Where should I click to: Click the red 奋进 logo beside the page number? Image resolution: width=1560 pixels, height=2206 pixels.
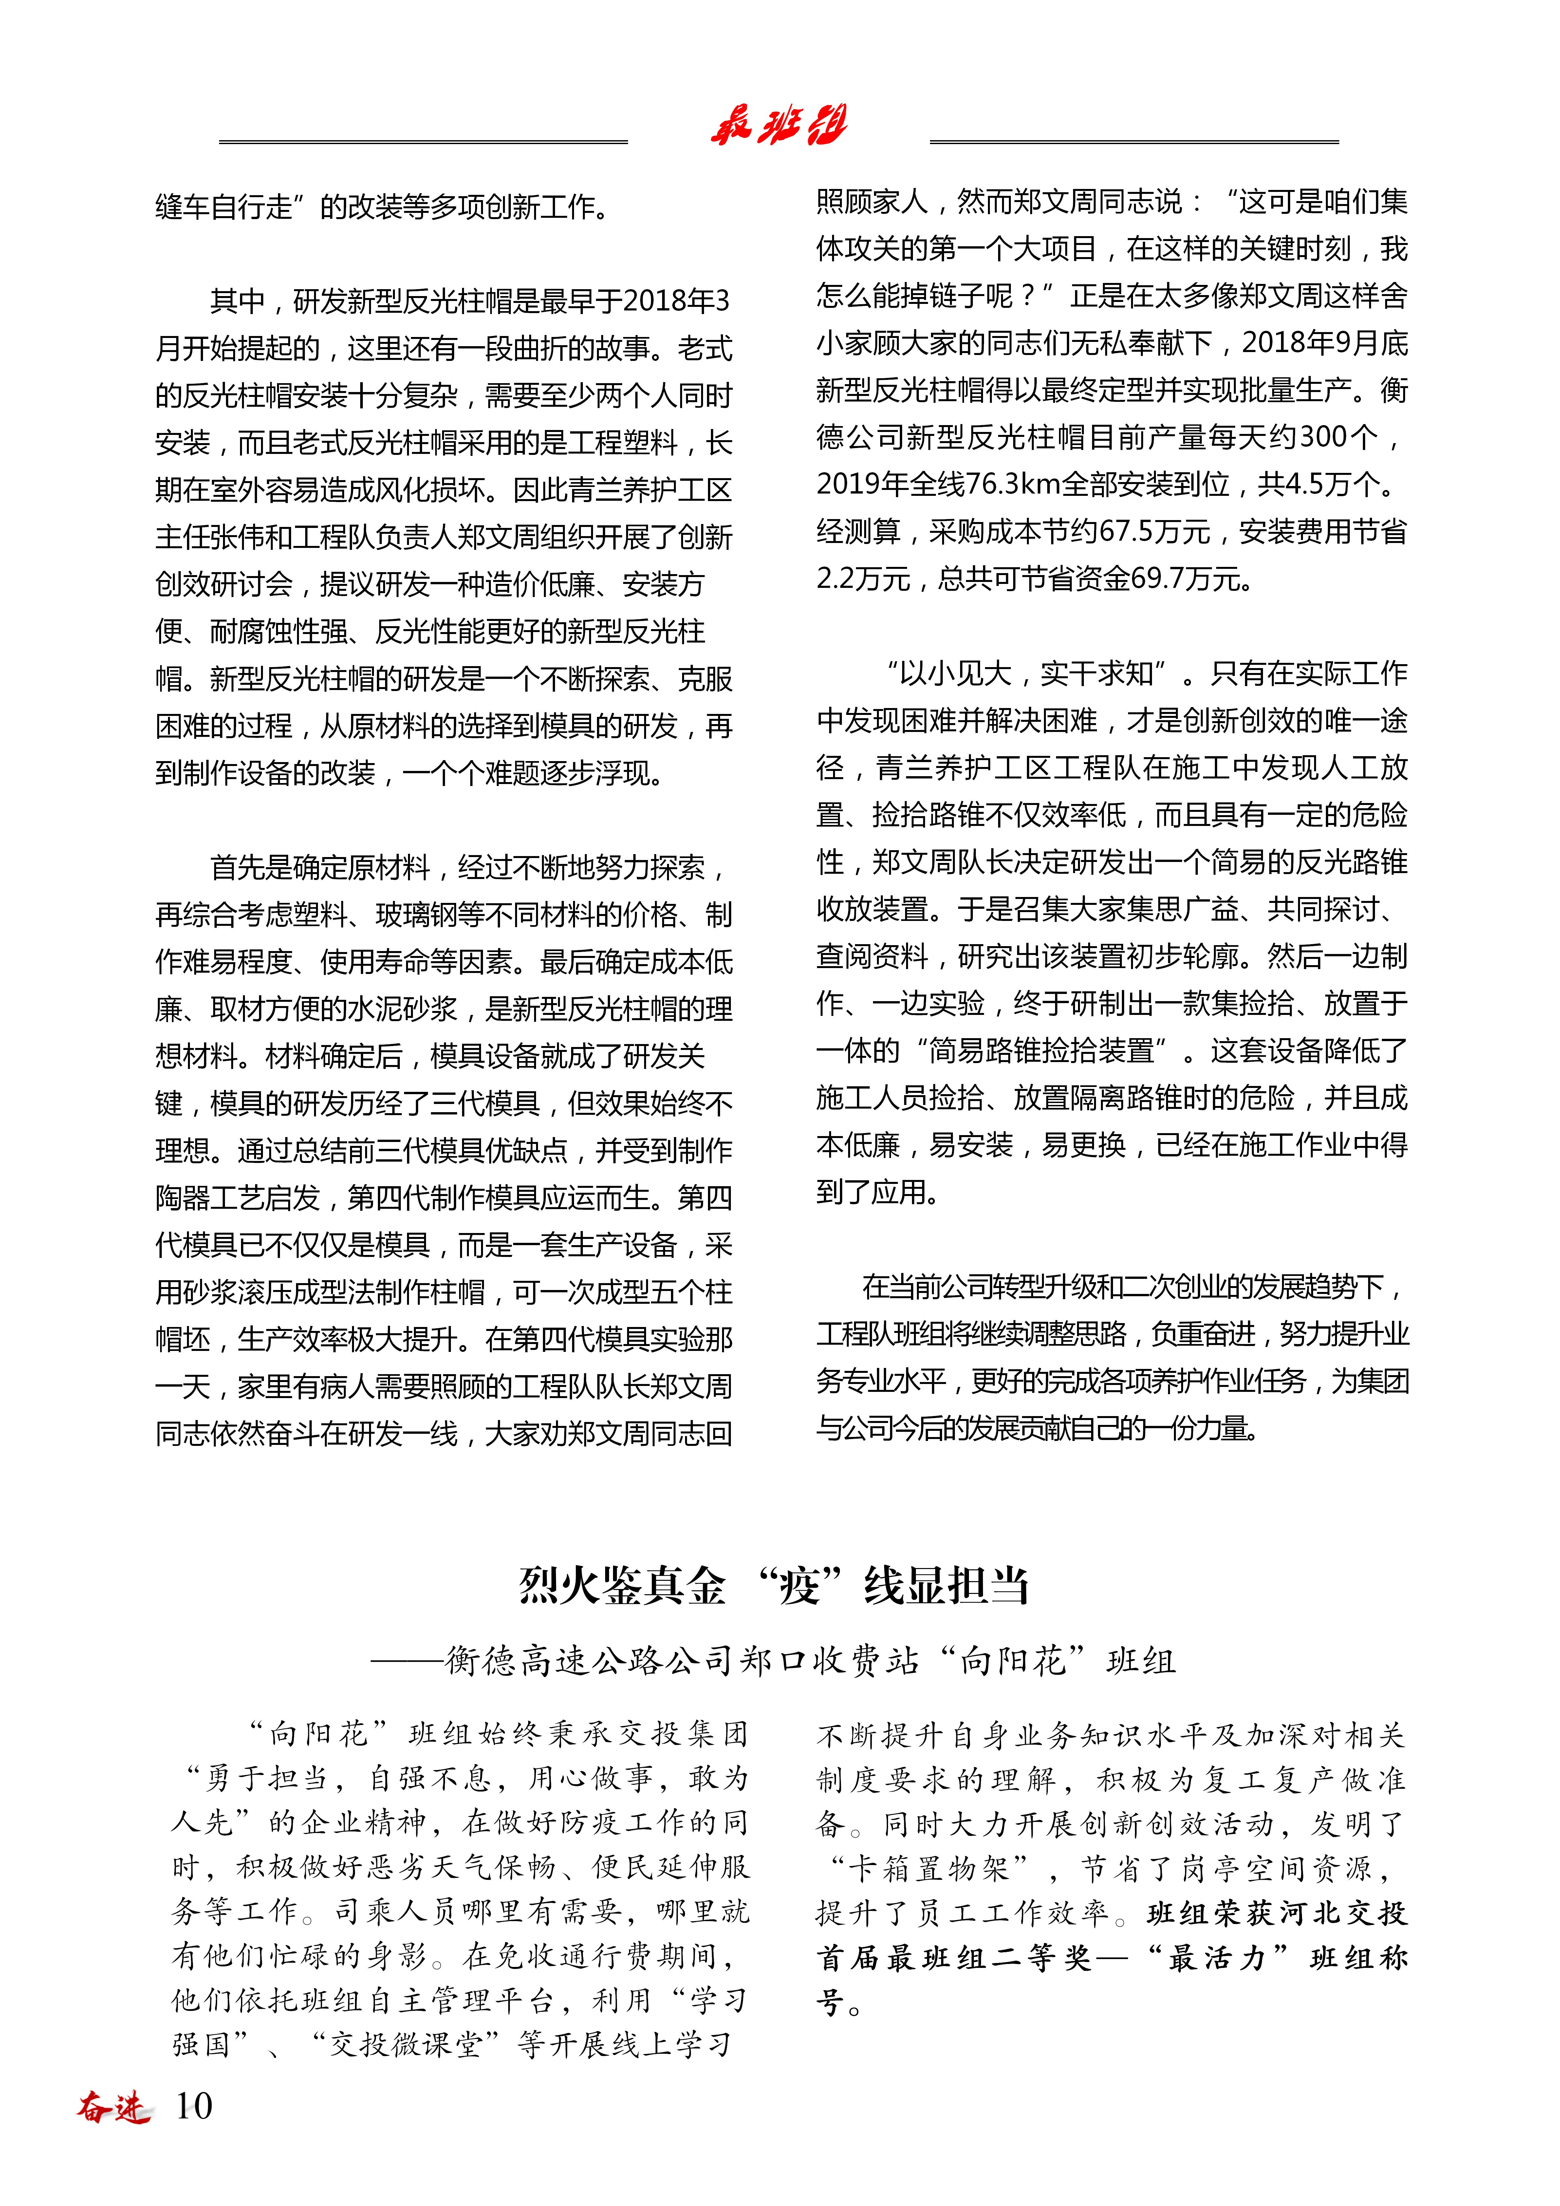(113, 2106)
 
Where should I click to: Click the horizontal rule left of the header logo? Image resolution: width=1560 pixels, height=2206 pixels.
(423, 142)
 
